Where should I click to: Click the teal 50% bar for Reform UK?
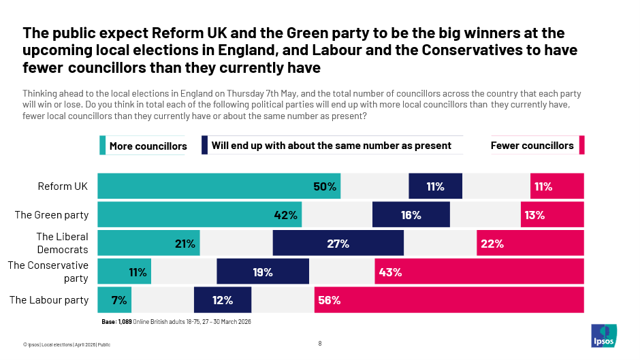tap(219, 186)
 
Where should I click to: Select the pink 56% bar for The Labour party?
tap(449, 299)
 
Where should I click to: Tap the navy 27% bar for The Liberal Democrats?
tap(338, 243)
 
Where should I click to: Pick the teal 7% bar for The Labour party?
tap(114, 299)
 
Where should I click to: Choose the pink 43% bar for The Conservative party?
tap(479, 272)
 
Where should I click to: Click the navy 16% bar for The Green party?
tap(411, 214)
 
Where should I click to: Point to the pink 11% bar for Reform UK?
tap(556, 186)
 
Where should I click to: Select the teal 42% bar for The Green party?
tap(199, 214)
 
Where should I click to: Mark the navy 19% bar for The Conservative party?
tap(262, 272)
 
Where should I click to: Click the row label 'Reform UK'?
tap(63, 186)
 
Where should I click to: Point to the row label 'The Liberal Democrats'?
tap(62, 243)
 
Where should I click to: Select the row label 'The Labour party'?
tap(49, 299)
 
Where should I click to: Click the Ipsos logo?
tap(603, 335)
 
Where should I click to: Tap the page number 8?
tap(320, 344)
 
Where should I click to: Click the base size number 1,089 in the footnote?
tap(125, 321)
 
